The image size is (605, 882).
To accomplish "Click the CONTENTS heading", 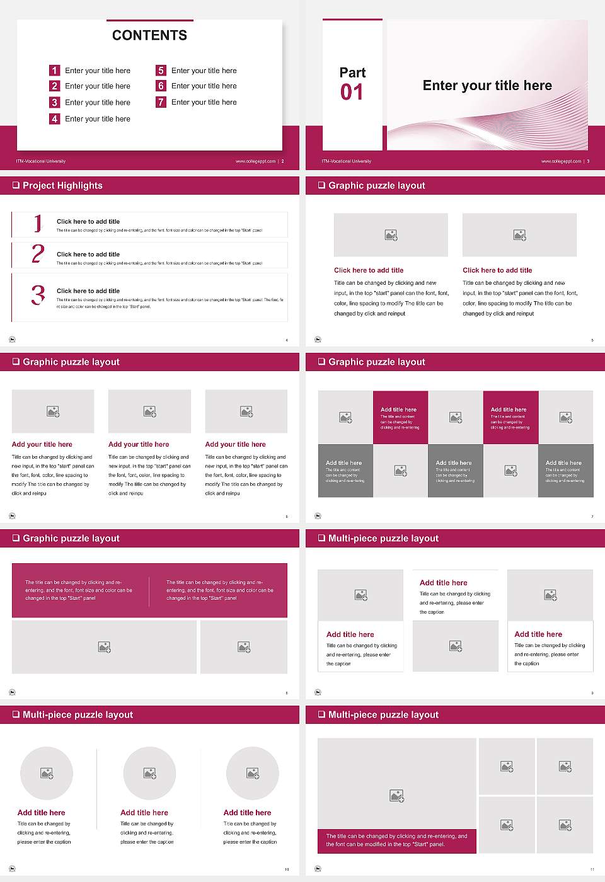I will coord(149,35).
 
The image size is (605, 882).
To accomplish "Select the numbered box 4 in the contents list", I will coord(55,118).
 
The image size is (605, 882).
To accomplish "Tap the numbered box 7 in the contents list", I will coord(161,102).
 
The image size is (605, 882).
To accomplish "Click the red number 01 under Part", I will coord(352,93).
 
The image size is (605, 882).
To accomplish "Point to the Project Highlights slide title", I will coord(62,185).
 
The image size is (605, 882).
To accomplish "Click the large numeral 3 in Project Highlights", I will coord(38,295).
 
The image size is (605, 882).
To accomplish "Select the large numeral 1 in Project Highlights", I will coord(38,223).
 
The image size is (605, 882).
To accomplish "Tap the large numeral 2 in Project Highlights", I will coord(38,254).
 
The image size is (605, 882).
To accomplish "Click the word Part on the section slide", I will coord(352,72).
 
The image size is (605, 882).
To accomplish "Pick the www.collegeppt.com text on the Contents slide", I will coord(255,161).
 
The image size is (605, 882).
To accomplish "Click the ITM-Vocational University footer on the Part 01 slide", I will coord(346,161).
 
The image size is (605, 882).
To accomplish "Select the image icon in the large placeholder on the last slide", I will coord(396,796).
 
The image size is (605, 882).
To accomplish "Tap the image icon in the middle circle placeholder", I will coord(149,773).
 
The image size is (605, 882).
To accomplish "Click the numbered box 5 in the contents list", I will coord(161,71).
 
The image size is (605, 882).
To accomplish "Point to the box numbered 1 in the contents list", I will coord(55,71).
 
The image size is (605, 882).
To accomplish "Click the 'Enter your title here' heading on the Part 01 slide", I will coord(487,86).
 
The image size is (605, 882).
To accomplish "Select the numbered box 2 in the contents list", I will coord(55,86).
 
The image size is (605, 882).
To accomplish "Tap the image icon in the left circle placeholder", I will coord(47,773).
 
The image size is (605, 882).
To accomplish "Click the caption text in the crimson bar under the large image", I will coord(396,840).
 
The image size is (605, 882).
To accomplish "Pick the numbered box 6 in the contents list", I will coord(161,86).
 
